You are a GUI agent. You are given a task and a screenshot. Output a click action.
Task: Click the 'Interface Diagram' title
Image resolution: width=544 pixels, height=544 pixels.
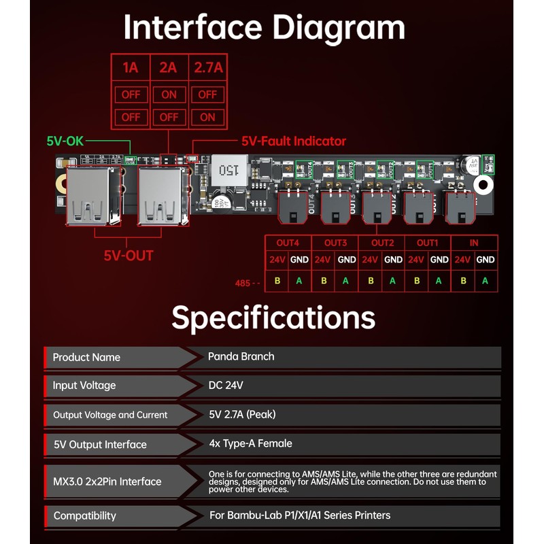tap(265, 28)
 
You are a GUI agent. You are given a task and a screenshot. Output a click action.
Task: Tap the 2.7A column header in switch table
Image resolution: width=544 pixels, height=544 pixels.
tap(208, 68)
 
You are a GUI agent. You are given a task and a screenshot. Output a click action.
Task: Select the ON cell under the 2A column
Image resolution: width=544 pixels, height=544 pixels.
tap(169, 95)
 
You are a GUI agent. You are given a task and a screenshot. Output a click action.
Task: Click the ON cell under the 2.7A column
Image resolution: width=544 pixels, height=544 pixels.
tap(208, 117)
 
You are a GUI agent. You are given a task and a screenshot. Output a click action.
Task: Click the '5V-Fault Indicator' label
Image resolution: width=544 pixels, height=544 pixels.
tap(294, 141)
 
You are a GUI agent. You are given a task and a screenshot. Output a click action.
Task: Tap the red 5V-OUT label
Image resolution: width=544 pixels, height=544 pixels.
tap(129, 256)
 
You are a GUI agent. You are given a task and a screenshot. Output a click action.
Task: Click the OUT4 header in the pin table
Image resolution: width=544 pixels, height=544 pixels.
tap(288, 243)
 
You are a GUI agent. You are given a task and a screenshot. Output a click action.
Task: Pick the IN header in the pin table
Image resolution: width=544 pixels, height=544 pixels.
tap(474, 243)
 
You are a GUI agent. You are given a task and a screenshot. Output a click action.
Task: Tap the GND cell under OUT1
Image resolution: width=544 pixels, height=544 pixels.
tap(439, 260)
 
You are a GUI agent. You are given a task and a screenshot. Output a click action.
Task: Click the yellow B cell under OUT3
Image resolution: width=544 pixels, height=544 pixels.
tap(324, 280)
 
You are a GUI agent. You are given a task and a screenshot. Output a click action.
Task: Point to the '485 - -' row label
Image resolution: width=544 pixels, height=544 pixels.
tap(247, 283)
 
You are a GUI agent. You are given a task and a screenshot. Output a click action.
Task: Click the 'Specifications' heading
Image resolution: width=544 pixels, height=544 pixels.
tap(273, 318)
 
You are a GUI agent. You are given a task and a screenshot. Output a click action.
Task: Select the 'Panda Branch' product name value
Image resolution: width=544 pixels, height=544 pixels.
tap(241, 356)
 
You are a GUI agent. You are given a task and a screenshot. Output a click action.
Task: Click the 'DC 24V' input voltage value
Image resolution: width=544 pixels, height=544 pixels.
tap(225, 386)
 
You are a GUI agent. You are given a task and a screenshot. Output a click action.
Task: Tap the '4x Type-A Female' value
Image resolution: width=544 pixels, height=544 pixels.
tap(250, 443)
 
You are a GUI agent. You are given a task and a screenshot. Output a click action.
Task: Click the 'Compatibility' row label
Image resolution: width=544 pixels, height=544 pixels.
tap(85, 515)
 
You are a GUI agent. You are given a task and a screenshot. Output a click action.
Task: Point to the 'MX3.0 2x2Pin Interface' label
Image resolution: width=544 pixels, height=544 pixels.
tap(107, 481)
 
